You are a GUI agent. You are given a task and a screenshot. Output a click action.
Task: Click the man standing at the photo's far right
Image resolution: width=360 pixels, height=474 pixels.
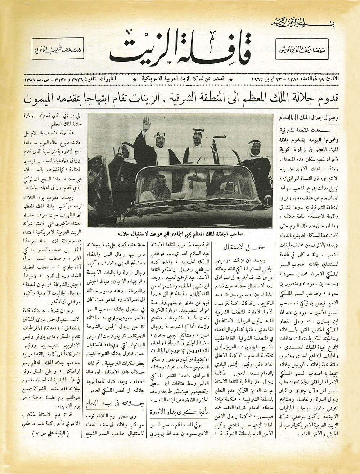coord(255,153)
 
